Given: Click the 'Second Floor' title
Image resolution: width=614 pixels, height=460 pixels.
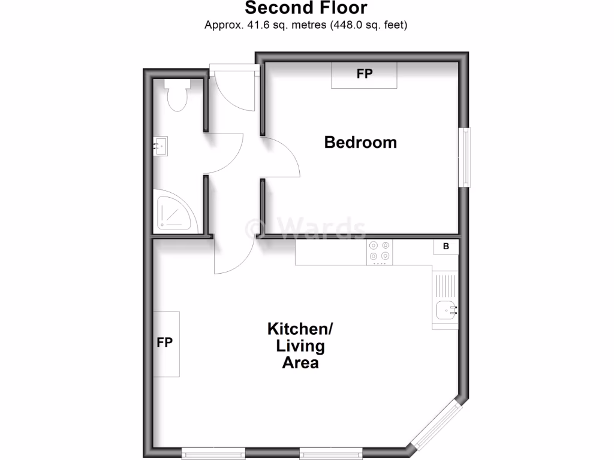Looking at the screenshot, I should point(306,8).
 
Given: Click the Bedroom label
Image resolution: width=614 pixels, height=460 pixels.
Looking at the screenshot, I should point(360,143).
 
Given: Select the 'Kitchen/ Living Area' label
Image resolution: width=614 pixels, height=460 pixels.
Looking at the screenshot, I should point(300,346).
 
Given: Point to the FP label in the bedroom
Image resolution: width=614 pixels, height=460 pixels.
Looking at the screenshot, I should point(365,74).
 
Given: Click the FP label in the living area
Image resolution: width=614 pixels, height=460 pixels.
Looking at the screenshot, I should point(165,343).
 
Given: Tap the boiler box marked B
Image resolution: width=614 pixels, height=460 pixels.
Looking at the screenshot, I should point(446,246).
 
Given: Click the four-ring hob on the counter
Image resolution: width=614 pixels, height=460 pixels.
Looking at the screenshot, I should point(380,252).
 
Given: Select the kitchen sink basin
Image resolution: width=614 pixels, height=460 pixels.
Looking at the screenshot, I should point(445,311).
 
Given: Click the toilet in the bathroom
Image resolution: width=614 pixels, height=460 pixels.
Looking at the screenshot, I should point(177,96).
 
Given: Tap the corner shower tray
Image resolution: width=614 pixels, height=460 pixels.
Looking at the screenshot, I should point(174,213).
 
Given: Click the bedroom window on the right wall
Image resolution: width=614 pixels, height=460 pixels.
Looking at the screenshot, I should point(465,156).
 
